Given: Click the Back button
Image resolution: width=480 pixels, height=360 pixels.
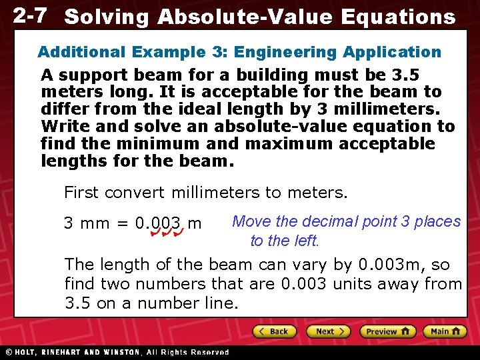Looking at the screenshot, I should [x=273, y=331].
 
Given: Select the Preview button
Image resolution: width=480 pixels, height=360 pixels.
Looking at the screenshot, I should [x=387, y=331].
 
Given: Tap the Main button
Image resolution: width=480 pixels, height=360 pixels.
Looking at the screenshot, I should [x=446, y=331].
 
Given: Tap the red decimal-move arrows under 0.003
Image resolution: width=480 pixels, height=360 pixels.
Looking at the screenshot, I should [x=167, y=234].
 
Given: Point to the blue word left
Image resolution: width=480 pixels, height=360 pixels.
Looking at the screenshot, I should [x=305, y=241].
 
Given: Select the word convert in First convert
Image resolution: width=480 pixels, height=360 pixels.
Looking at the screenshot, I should [x=136, y=193].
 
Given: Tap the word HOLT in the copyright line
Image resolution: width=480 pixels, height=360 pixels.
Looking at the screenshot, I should [x=25, y=352].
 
